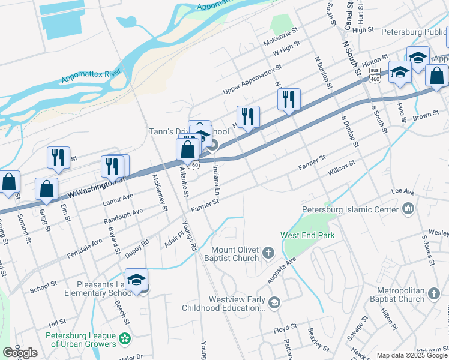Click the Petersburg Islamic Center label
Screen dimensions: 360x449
[x=350, y=209]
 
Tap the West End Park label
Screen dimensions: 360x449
[x=307, y=235]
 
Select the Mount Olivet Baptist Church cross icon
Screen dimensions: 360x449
[x=269, y=253]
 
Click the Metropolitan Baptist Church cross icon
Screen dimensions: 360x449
[x=435, y=295]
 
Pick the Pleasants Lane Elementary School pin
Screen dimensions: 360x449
[x=137, y=280]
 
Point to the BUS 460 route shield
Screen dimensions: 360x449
[x=375, y=79]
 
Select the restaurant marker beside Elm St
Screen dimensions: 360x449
[x=58, y=158]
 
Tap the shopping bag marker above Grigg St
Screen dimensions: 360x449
[x=46, y=189]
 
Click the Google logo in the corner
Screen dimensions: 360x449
[x=20, y=353]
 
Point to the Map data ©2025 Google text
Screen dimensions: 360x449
[x=411, y=355]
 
